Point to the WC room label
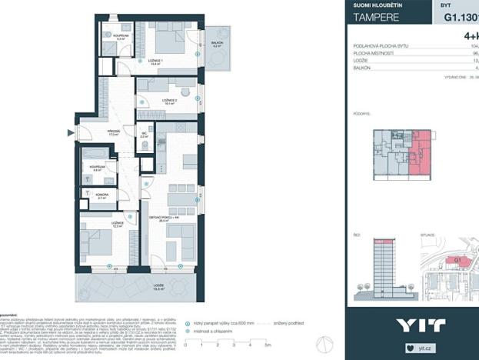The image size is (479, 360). tap(155, 134)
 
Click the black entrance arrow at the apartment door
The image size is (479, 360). tap(72, 134)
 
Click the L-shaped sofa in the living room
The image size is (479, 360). tap(181, 248)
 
